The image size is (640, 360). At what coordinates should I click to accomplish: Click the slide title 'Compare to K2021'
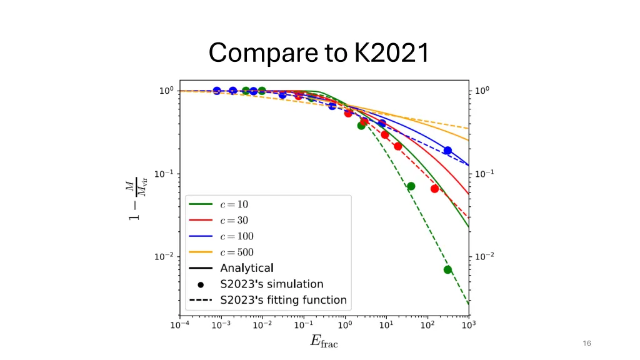coord(319,52)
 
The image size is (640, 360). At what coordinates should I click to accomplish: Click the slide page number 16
coord(586,343)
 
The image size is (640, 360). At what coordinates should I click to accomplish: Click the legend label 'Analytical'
coord(246,268)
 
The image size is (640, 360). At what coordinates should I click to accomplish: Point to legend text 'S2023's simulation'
coord(271,284)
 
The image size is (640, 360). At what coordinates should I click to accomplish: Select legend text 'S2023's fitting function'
coord(282,300)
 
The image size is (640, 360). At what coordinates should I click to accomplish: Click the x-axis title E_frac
coord(324,341)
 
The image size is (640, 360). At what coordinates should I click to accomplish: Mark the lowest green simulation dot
coord(447,270)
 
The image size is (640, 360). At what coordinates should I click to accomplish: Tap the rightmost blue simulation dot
coord(447,151)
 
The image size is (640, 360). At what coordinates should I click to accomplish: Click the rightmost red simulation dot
coord(434,189)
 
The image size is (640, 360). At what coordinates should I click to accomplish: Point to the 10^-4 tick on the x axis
coord(180,326)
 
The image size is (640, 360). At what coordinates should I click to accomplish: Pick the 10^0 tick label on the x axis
coord(345,326)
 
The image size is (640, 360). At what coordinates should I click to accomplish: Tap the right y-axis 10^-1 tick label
coord(483,174)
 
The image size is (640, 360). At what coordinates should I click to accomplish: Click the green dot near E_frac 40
coord(411,186)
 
